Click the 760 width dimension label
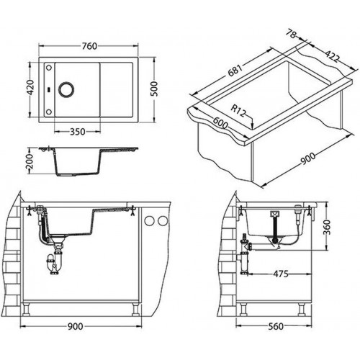(89, 46)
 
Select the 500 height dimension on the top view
(155, 89)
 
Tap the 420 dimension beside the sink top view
(31, 87)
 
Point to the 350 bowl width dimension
(78, 132)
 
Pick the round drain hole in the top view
(66, 89)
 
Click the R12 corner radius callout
(238, 111)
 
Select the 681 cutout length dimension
(235, 70)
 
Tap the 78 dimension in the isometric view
(291, 34)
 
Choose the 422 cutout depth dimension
(333, 57)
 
